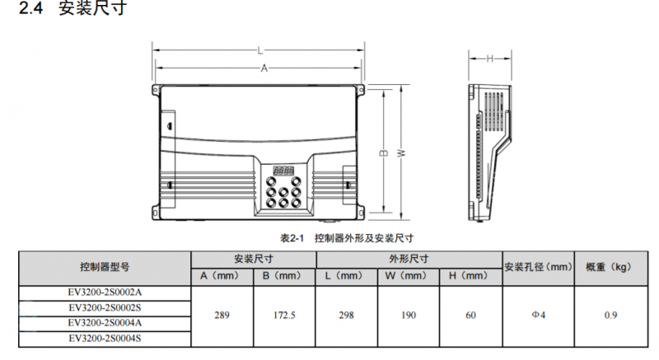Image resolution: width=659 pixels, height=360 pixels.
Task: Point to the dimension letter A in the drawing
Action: pyautogui.click(x=264, y=69)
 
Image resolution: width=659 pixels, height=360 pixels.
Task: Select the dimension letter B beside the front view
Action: pyautogui.click(x=383, y=153)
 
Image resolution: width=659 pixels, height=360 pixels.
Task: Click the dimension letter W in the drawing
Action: pyautogui.click(x=400, y=152)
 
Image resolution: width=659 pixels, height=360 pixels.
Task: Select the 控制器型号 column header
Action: pyautogui.click(x=104, y=267)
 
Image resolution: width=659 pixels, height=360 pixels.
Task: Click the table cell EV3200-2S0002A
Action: pyautogui.click(x=104, y=292)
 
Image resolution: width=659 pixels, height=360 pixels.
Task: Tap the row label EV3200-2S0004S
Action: pyautogui.click(x=104, y=338)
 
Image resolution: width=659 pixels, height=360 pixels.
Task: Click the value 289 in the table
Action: pyautogui.click(x=221, y=315)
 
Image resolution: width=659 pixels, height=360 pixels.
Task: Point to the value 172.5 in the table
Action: pyautogui.click(x=284, y=315)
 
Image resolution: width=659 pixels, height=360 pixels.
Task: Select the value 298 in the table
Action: pyautogui.click(x=346, y=315)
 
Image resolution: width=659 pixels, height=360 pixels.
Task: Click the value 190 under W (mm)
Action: pyautogui.click(x=408, y=315)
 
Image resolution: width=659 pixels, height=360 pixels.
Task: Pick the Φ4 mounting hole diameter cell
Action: pyautogui.click(x=538, y=315)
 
